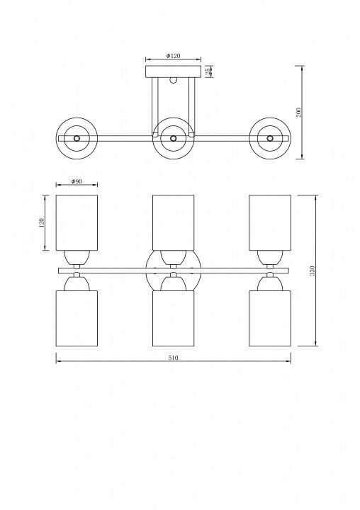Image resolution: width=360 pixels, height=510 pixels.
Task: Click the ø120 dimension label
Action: (173, 56)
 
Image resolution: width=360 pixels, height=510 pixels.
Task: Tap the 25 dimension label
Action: (208, 72)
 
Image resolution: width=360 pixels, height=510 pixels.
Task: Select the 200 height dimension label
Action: (299, 112)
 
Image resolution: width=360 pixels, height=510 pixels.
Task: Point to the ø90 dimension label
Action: (77, 181)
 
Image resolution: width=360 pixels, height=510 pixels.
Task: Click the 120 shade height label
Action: (42, 223)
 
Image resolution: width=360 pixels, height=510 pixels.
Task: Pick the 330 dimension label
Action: (313, 271)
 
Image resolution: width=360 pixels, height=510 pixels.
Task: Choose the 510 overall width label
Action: (173, 358)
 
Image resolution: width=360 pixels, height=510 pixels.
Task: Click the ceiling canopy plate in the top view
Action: (173, 72)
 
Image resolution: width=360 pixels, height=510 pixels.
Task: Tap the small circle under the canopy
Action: (173, 80)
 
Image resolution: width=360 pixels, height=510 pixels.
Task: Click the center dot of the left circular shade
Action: (77, 138)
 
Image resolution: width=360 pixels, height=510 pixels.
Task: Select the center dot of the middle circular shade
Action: (173, 138)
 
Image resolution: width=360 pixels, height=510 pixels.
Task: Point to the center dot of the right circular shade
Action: (270, 138)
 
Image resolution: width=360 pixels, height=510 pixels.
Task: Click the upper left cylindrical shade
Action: (77, 223)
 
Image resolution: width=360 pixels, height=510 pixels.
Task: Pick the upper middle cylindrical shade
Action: (173, 223)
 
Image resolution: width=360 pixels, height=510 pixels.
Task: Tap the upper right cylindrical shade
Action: (270, 223)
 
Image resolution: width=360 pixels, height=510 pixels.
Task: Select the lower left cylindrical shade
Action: (77, 318)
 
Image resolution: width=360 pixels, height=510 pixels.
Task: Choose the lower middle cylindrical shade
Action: (173, 318)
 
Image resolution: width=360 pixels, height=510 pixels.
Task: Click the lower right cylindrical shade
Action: (270, 318)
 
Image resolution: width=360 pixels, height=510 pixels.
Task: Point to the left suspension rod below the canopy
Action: (155, 107)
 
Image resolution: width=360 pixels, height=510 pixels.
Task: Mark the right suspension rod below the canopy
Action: (192, 107)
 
